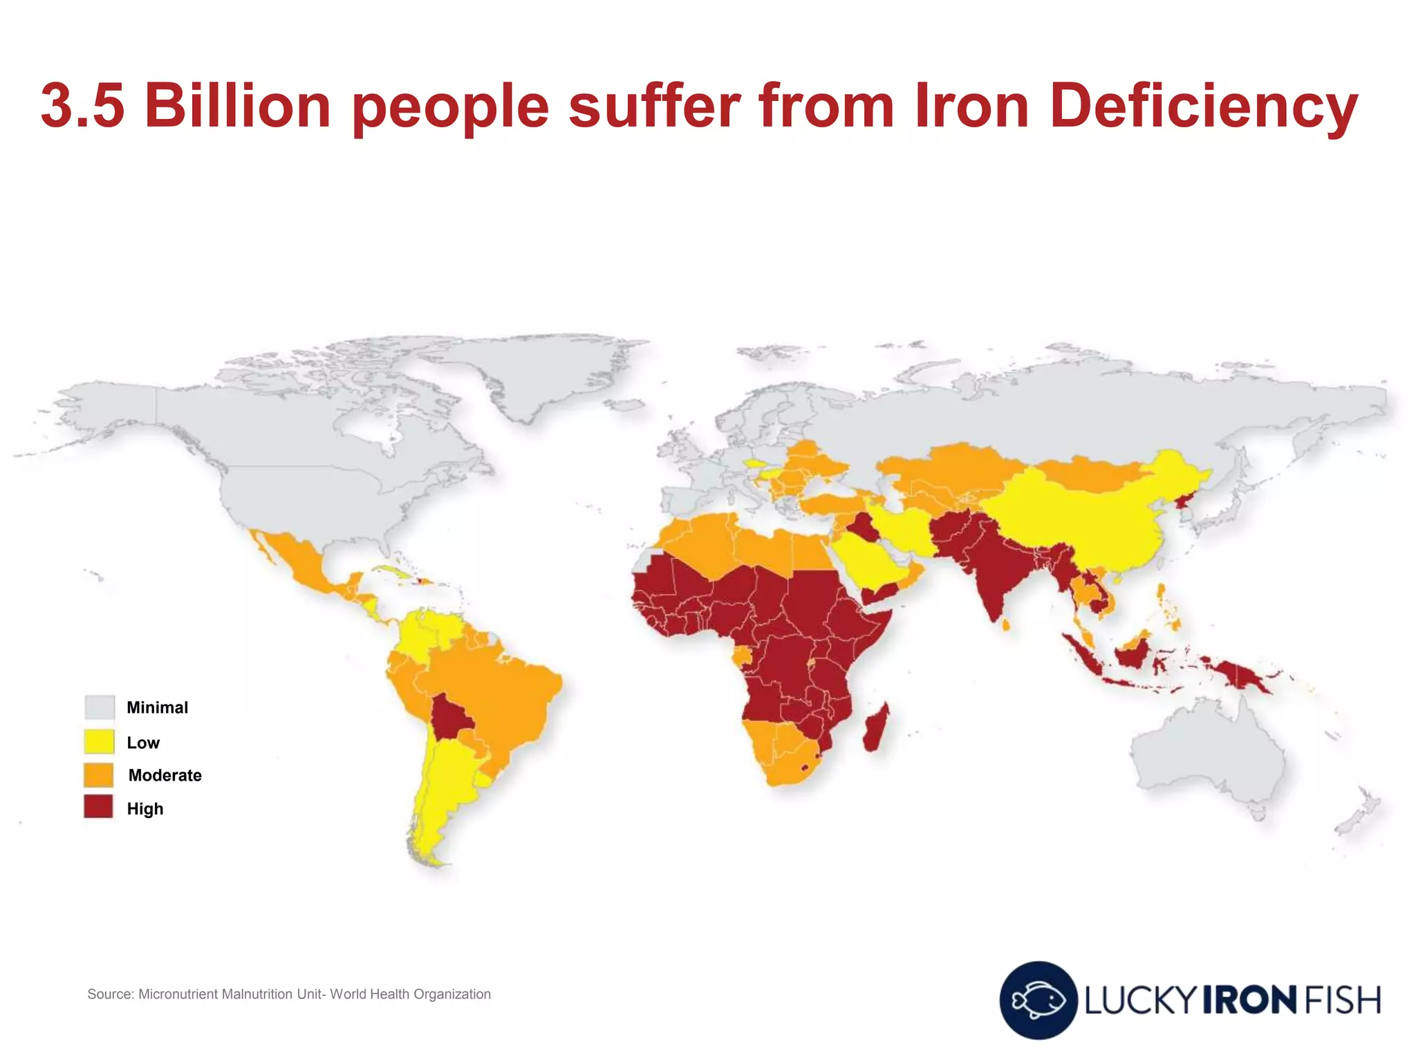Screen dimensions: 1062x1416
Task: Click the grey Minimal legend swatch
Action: [99, 707]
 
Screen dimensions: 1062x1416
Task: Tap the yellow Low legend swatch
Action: [99, 742]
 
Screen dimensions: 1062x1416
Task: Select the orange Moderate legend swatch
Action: [99, 775]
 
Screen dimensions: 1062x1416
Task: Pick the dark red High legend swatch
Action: [99, 808]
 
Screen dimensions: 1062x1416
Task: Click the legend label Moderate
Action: [165, 775]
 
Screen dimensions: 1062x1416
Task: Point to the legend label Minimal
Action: [157, 707]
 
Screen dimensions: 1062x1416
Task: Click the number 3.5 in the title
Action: [83, 105]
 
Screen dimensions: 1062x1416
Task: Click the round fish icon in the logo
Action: [1038, 1000]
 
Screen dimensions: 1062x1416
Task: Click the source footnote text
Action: [289, 994]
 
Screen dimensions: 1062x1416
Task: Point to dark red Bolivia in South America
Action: [450, 716]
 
